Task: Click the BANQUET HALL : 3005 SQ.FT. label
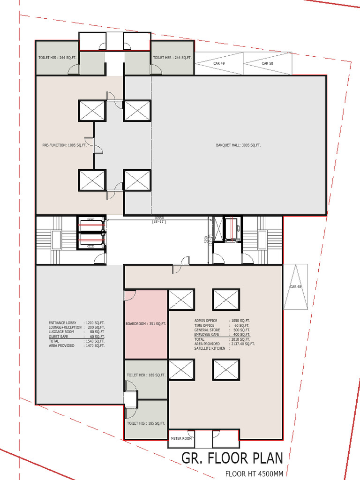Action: [238, 145]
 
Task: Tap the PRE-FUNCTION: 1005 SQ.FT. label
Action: [64, 145]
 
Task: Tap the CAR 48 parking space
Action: [295, 286]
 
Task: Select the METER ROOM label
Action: [181, 438]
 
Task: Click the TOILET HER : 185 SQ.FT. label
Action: [146, 375]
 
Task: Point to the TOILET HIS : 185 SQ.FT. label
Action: [146, 423]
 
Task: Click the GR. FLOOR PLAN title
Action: [232, 457]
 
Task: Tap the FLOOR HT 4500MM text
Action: [254, 474]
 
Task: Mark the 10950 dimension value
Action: [159, 218]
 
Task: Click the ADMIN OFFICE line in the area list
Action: [222, 320]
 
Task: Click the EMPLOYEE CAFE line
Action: [222, 334]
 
